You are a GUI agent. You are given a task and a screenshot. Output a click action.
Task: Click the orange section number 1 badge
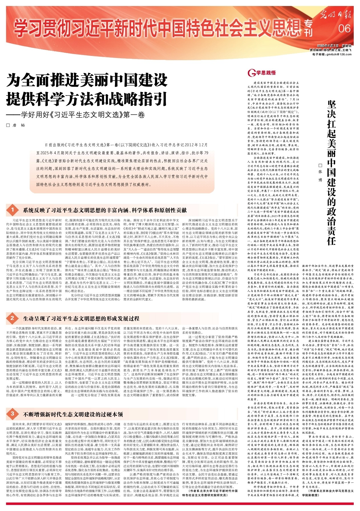point(12,210)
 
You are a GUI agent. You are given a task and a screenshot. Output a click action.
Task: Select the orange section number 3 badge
point(12,414)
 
